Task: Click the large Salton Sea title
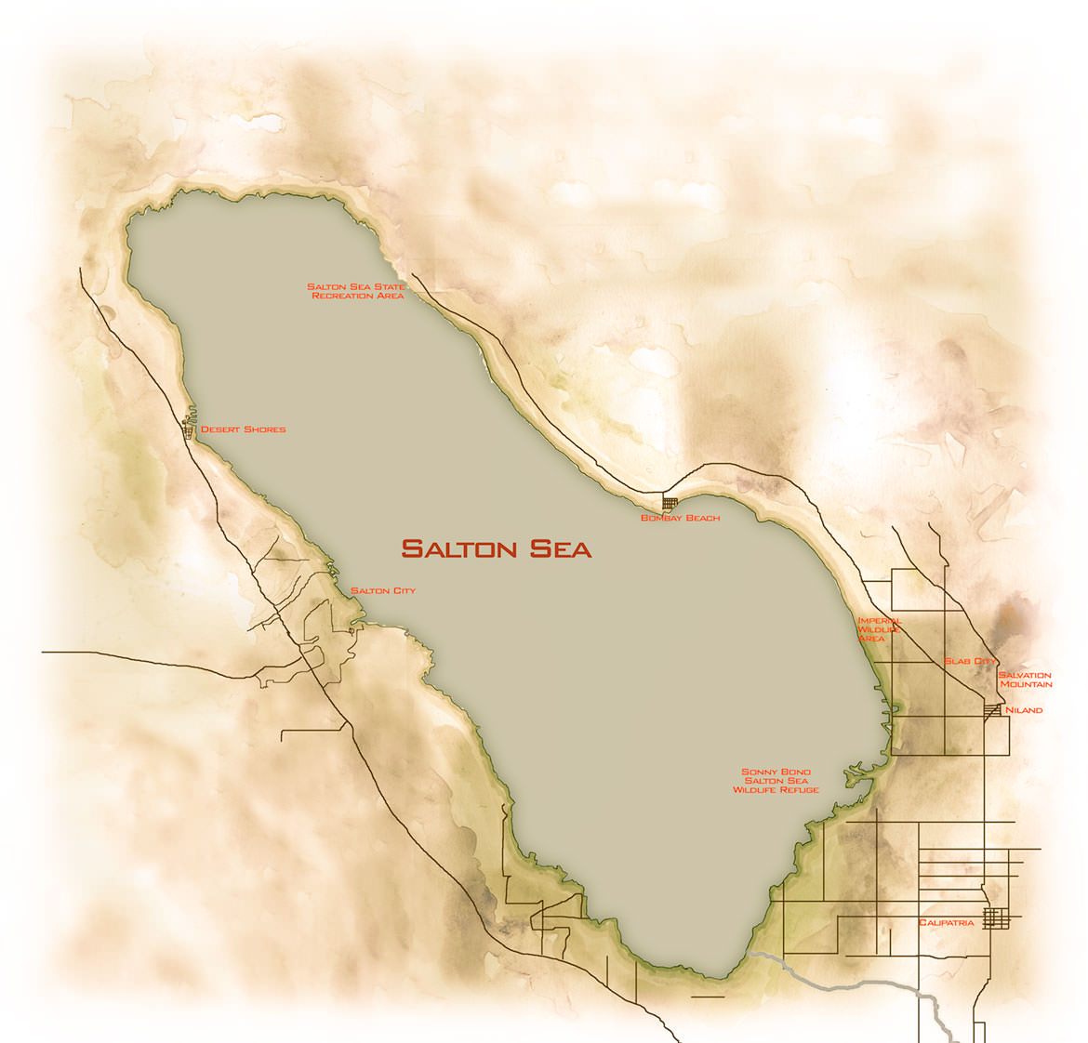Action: [496, 548]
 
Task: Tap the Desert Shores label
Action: [244, 429]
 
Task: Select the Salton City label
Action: [383, 591]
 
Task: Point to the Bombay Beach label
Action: [680, 518]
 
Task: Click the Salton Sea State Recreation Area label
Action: [357, 291]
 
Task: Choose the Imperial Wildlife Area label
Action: [879, 629]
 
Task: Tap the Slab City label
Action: [970, 661]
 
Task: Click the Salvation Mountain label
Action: [1025, 680]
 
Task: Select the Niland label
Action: [1024, 710]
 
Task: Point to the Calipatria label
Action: [946, 923]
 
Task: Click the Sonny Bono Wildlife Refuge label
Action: [776, 781]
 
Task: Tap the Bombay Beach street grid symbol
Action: [670, 502]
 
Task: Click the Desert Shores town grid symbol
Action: [189, 429]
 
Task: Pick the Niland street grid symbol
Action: [993, 711]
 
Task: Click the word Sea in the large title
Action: [561, 548]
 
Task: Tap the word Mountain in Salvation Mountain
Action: [1027, 684]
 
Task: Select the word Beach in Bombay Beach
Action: [702, 518]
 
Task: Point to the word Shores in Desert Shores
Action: [264, 429]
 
